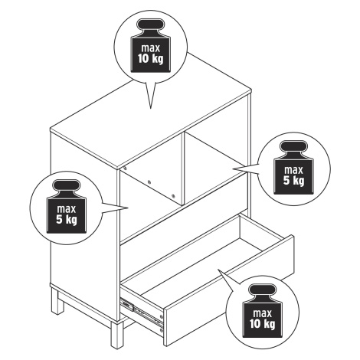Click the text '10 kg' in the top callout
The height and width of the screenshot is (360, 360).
pos(150,59)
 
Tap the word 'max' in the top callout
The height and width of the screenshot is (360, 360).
pos(150,48)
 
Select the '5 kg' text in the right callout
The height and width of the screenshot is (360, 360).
pos(293,181)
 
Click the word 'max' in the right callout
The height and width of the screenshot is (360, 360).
pos(293,170)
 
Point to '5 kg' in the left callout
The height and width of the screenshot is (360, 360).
pos(67,220)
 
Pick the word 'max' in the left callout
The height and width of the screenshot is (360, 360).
pos(67,209)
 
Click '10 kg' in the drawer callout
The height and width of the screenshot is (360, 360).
pos(263,324)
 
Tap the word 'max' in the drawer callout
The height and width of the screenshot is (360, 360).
pos(263,313)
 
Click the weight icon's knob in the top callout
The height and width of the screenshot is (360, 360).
pos(150,25)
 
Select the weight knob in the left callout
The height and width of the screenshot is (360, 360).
pos(67,186)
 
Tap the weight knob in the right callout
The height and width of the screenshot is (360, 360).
pos(293,147)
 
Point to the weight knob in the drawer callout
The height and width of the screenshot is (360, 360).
pos(263,290)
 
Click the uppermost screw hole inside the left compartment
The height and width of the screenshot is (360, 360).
pos(125,169)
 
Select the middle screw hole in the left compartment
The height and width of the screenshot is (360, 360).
pos(149,182)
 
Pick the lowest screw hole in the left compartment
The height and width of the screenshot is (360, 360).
pos(173,196)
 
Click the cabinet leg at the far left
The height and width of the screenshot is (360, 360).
pos(57,300)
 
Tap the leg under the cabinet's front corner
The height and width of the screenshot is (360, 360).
pos(117,335)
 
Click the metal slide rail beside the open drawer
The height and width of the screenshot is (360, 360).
pos(142,312)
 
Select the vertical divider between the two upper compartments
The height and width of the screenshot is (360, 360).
pos(183,169)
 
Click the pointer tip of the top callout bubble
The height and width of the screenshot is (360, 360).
pos(150,108)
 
